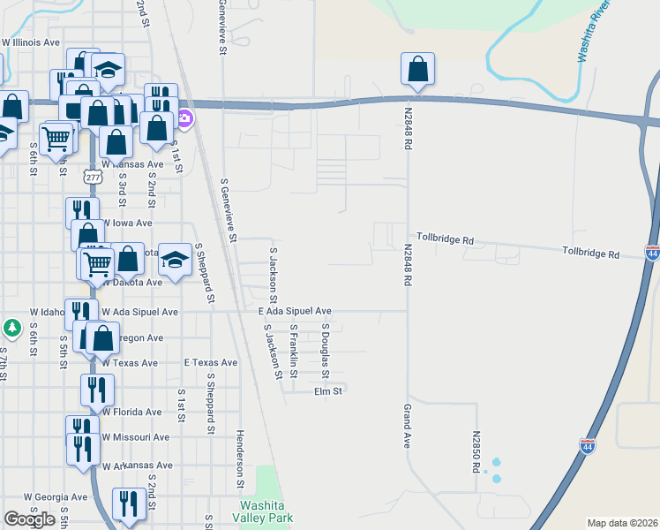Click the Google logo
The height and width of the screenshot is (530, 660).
(29, 519)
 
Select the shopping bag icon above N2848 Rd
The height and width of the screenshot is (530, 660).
(417, 69)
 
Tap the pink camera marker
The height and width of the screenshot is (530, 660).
(185, 117)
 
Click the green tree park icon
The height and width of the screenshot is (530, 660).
(11, 329)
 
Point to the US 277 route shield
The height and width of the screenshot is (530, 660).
(93, 178)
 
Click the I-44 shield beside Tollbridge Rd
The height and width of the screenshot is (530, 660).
(652, 254)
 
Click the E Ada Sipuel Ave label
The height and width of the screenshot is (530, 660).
(295, 311)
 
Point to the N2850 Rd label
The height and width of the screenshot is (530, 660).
(476, 450)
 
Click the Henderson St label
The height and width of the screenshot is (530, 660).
(239, 459)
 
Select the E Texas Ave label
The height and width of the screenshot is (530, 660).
(210, 362)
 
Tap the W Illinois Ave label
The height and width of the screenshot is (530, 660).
(31, 42)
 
